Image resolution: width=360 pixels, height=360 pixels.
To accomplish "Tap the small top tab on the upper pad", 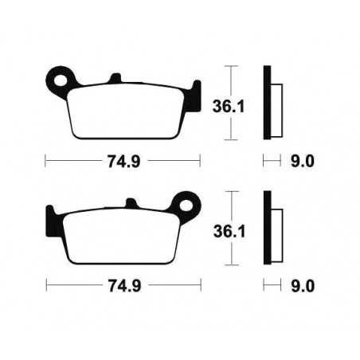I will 114,78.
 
